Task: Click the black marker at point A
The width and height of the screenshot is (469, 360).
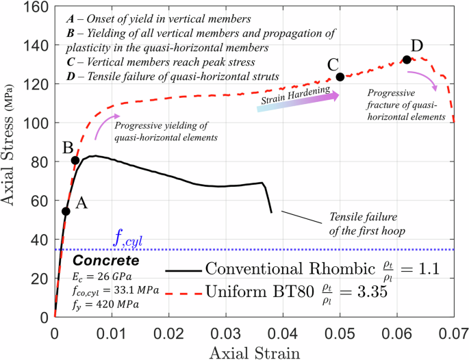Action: pyautogui.click(x=66, y=211)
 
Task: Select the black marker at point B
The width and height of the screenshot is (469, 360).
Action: pyautogui.click(x=75, y=160)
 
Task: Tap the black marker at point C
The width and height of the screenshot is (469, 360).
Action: pyautogui.click(x=340, y=77)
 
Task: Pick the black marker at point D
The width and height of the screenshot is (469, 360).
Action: pyautogui.click(x=407, y=60)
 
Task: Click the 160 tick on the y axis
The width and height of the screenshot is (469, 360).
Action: pyautogui.click(x=34, y=6)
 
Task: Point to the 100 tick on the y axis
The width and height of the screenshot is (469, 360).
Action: pyautogui.click(x=34, y=123)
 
